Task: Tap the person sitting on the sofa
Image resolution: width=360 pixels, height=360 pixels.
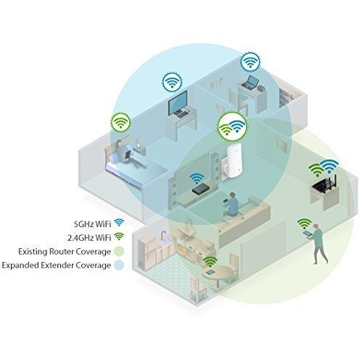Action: tap(232, 204)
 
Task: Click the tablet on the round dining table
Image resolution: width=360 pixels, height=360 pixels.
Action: tap(210, 271)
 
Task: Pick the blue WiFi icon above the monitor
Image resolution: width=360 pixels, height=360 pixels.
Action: tap(172, 81)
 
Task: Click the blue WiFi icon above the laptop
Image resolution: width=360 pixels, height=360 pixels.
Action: tap(250, 62)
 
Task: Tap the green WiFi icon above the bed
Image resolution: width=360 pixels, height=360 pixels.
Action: tap(120, 122)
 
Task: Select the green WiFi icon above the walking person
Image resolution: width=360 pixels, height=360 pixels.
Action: tap(304, 224)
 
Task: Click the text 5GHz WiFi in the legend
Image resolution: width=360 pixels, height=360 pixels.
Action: tap(92, 224)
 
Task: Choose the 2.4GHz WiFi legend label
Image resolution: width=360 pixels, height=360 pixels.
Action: tap(89, 237)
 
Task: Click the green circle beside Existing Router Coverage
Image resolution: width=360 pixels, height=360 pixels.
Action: tap(118, 251)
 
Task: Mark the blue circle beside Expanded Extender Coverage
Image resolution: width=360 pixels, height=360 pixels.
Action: tap(118, 265)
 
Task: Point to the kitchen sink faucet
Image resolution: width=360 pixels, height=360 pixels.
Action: tap(163, 235)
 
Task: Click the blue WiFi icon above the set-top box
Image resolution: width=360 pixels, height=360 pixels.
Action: tap(197, 179)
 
